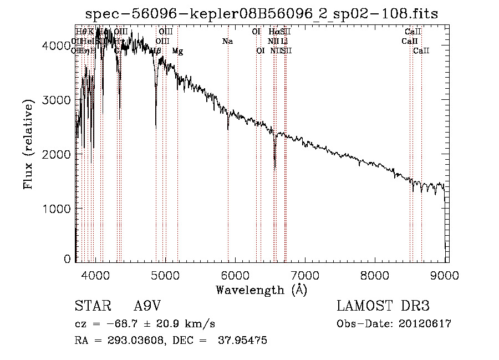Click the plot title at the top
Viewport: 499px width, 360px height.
[264, 14]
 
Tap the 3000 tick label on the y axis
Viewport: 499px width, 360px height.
[57, 100]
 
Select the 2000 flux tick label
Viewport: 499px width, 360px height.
[57, 155]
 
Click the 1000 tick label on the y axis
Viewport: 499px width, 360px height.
[57, 209]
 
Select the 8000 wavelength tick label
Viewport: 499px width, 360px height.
[375, 273]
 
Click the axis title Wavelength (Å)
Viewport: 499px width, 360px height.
[261, 289]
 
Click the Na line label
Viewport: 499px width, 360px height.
[227, 41]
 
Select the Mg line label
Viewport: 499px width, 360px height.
[177, 51]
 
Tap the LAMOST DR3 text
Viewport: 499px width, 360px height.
[383, 306]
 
